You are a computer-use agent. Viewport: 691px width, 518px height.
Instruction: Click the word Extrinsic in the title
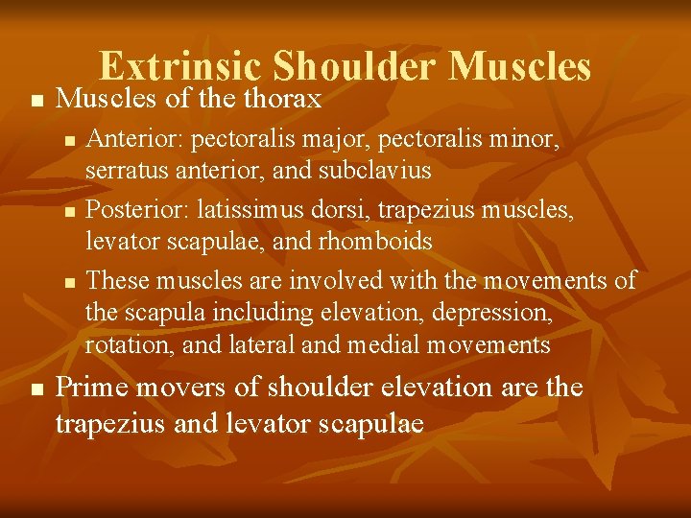point(181,66)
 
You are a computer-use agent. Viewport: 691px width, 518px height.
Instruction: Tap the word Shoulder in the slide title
point(355,66)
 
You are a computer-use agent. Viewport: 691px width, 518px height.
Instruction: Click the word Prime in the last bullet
point(94,387)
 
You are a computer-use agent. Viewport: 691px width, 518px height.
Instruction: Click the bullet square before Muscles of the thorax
point(36,100)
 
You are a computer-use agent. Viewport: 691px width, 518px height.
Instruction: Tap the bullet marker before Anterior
point(67,142)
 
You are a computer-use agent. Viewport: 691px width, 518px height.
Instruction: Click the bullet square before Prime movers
point(36,388)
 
